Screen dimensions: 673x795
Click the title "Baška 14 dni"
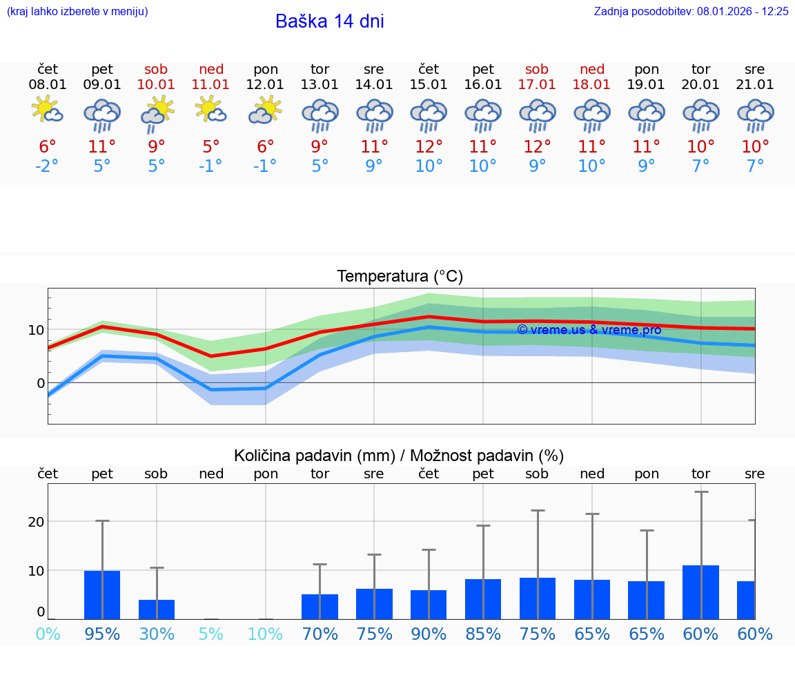(x=329, y=21)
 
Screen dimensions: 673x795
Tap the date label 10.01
(x=157, y=85)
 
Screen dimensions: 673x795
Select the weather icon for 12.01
(x=266, y=110)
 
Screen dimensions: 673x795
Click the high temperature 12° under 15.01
(x=429, y=147)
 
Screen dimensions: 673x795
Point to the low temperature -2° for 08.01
(x=48, y=166)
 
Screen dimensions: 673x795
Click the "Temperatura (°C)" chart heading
(x=400, y=277)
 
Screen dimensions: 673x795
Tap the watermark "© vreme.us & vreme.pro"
(x=589, y=330)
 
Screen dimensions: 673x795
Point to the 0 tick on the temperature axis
(x=40, y=383)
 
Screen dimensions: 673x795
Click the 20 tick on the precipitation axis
(x=36, y=522)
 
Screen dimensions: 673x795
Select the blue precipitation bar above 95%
(x=102, y=594)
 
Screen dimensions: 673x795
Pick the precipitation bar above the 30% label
(x=157, y=609)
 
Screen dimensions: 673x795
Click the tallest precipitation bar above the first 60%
(x=700, y=592)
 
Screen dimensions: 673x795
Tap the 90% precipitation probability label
(x=429, y=634)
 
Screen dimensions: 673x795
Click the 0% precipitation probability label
(x=48, y=634)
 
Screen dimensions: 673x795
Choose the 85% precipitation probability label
(x=483, y=634)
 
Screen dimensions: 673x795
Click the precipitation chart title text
(x=399, y=456)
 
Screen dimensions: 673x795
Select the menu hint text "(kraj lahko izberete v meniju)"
(x=77, y=11)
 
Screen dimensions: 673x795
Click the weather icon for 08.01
(x=48, y=110)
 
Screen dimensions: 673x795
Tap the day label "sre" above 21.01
(x=755, y=69)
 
